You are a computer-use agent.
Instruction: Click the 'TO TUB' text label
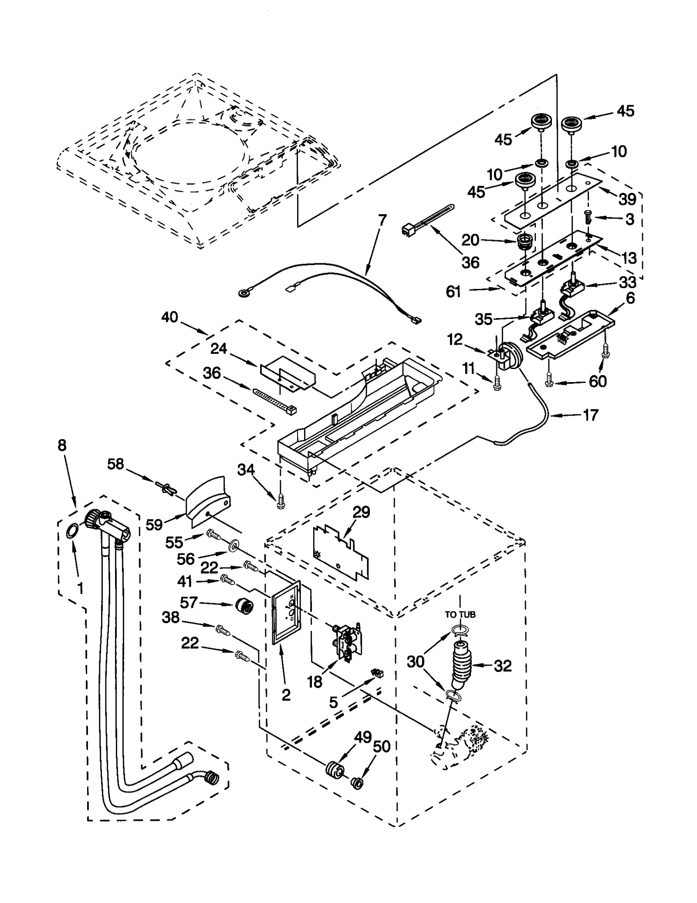tap(460, 614)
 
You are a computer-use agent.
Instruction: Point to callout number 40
tap(169, 317)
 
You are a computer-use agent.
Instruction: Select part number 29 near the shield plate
tap(361, 512)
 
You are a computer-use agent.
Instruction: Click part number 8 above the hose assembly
tap(62, 445)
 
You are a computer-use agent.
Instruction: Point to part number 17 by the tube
tap(590, 415)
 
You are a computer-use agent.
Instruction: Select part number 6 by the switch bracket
tap(630, 298)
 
